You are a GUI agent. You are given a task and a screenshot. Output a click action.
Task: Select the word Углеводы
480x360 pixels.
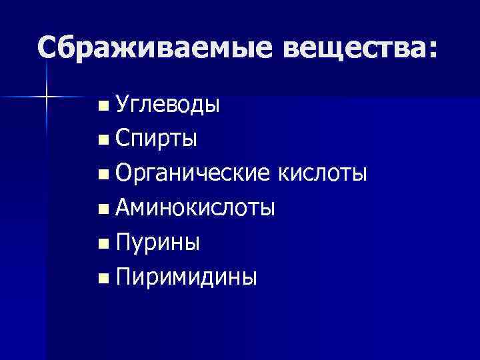tap(167, 105)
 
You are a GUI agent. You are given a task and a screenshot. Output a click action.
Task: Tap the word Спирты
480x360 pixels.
tap(155, 139)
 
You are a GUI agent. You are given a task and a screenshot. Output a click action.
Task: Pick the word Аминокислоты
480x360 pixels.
tap(195, 208)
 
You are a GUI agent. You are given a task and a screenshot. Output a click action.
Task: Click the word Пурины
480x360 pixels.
tap(157, 243)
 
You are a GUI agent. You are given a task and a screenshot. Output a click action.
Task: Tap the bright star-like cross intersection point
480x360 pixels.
tap(47, 97)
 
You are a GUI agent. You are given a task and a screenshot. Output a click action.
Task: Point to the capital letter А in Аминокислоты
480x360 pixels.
tap(123, 208)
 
